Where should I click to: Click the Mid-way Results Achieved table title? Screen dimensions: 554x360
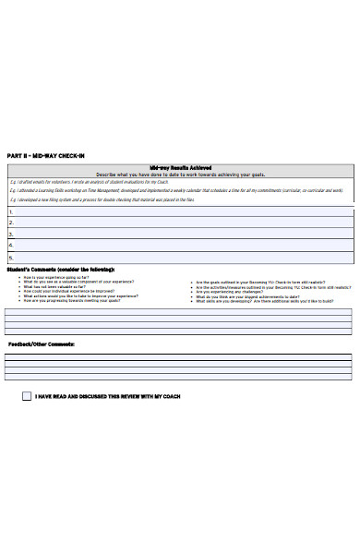(x=180, y=168)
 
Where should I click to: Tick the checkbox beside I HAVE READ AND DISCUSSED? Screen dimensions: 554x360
(x=26, y=396)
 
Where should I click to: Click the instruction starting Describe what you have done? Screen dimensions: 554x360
(x=180, y=174)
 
